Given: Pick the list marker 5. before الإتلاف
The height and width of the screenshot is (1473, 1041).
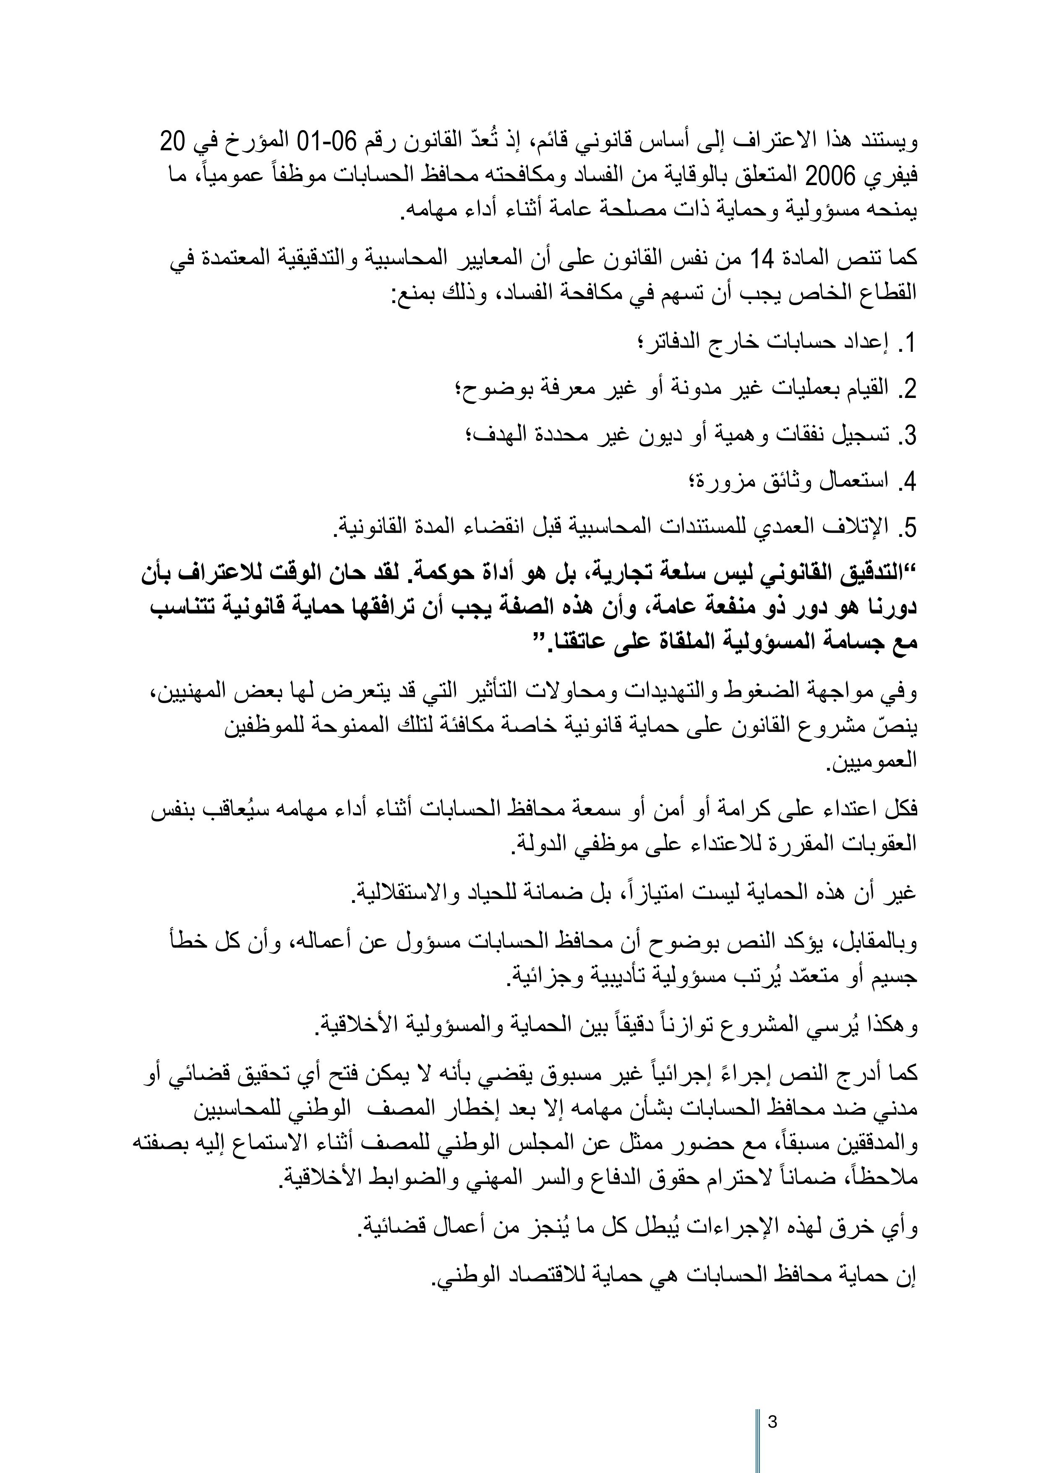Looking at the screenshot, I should [x=905, y=528].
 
